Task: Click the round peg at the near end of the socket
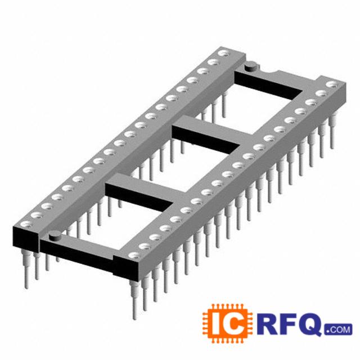(x=55, y=236)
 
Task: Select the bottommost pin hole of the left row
(x=26, y=224)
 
